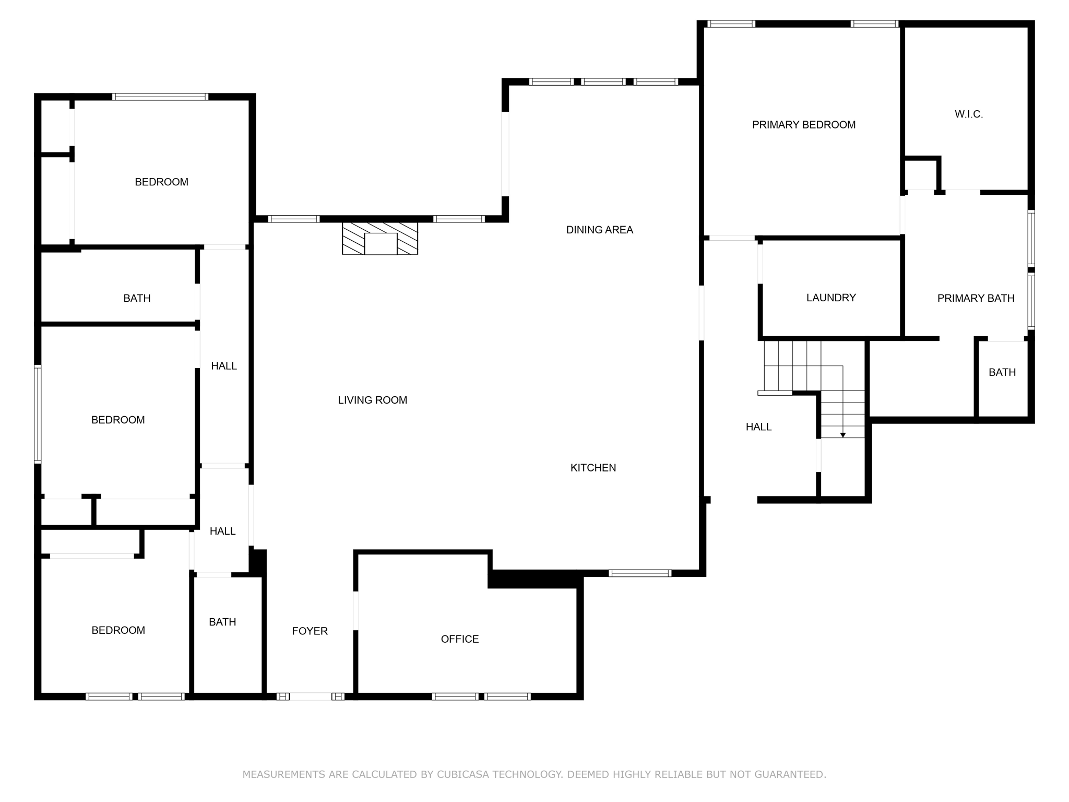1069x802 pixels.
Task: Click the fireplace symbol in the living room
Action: coord(380,239)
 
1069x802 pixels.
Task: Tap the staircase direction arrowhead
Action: coord(842,435)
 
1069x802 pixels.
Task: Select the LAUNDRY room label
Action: coord(831,298)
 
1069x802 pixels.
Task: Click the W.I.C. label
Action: coord(969,114)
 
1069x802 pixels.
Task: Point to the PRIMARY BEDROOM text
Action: coord(803,125)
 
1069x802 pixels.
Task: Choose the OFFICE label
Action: coord(459,639)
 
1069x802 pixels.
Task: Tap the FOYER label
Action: coord(310,631)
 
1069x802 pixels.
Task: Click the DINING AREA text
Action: coord(599,230)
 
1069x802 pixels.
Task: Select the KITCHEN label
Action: coord(593,468)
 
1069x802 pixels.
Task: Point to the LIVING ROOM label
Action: coord(372,400)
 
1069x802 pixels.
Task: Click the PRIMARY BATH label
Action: coord(976,298)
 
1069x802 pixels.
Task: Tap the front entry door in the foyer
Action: coord(311,696)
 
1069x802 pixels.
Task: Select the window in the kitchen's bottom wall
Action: coord(640,573)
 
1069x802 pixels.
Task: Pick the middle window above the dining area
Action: coord(603,81)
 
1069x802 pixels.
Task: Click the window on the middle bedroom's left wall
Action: coord(38,414)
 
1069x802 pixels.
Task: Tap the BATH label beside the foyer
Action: coord(222,622)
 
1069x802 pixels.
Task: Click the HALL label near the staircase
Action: coord(758,427)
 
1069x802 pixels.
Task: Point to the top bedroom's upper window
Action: coord(160,97)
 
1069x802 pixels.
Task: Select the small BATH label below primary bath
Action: coord(1002,372)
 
